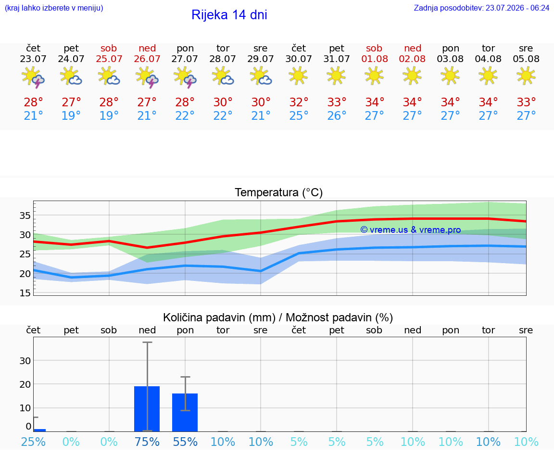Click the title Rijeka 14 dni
(x=229, y=15)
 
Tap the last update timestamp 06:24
(x=540, y=8)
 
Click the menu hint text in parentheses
(x=54, y=8)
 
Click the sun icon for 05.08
(x=526, y=76)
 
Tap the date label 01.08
(x=375, y=59)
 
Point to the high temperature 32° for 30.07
(x=299, y=102)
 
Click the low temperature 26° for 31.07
(x=336, y=115)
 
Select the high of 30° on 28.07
(x=223, y=102)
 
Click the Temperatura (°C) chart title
(x=279, y=192)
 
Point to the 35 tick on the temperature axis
(x=25, y=215)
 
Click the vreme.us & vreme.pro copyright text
(x=411, y=230)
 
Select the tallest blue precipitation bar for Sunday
(x=147, y=409)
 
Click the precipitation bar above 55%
(x=185, y=412)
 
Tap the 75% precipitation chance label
(x=147, y=442)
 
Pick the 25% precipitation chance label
(x=33, y=442)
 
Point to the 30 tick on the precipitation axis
(x=25, y=360)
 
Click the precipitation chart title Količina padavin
(x=219, y=317)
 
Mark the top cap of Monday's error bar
(x=186, y=377)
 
